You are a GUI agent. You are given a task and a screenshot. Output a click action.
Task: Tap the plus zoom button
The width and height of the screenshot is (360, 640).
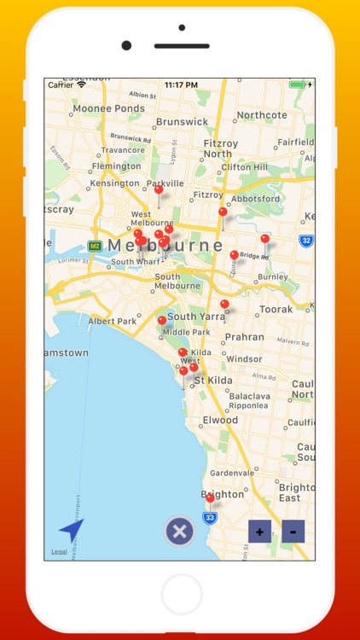[x=259, y=532]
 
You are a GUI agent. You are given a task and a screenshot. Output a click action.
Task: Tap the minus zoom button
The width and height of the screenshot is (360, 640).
[x=293, y=532]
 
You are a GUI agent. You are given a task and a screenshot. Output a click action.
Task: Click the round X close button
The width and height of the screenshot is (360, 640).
[x=179, y=532]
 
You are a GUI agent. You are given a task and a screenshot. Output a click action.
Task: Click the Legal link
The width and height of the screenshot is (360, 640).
[x=59, y=552]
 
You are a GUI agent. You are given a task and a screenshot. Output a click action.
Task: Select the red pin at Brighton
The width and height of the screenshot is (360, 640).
[x=210, y=497]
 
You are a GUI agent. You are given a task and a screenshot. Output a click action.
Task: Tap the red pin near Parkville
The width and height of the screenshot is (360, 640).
[x=158, y=191]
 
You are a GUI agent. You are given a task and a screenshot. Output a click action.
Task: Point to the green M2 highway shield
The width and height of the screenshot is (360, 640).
[x=95, y=246]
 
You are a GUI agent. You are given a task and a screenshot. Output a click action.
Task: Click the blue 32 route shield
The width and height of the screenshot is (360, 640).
[x=305, y=241]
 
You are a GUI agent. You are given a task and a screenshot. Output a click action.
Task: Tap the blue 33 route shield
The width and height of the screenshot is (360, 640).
[x=209, y=517]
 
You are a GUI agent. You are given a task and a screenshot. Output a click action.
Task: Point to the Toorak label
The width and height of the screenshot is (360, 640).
[x=276, y=309]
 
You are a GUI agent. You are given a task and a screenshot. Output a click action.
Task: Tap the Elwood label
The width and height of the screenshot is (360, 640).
[x=220, y=420]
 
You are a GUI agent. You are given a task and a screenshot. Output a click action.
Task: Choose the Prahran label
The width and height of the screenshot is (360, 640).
[x=243, y=337]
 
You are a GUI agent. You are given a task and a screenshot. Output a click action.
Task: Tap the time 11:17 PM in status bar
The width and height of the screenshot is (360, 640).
[x=181, y=85]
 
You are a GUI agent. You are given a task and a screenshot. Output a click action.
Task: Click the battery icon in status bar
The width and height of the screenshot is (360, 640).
[x=296, y=85]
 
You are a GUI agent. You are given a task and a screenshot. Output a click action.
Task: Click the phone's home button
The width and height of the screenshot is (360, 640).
[x=181, y=592]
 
